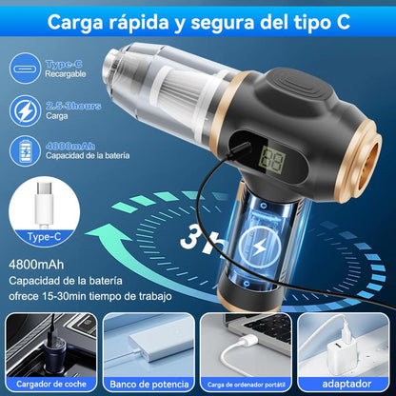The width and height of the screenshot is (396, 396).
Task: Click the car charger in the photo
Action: [44, 348]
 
